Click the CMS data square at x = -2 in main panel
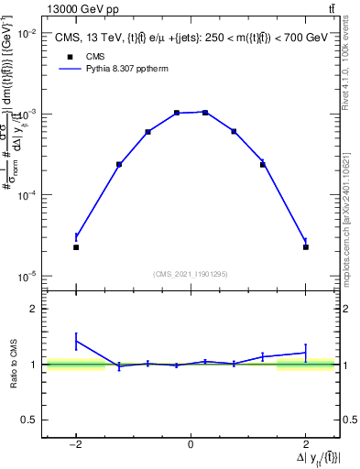coord(76,247)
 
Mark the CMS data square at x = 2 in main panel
coord(306,247)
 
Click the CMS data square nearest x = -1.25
coord(119,165)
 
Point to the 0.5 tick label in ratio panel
coord(29,420)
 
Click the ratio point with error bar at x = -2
coord(76,341)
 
